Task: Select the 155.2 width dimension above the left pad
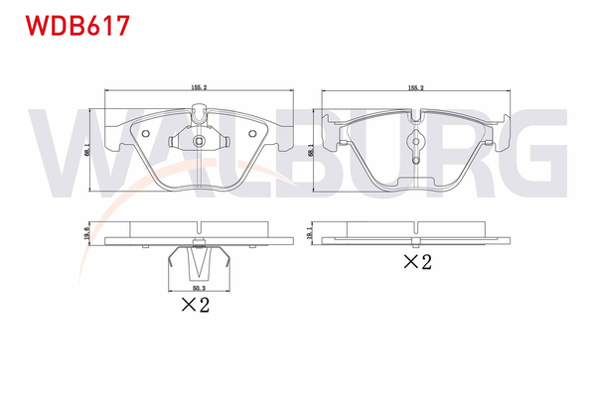tap(199, 87)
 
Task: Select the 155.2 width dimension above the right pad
tap(415, 87)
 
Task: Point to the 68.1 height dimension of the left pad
tap(87, 151)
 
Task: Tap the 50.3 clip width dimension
tap(200, 288)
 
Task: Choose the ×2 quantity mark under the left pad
tap(195, 306)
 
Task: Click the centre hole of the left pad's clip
tap(199, 140)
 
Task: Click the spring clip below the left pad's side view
tap(200, 262)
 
